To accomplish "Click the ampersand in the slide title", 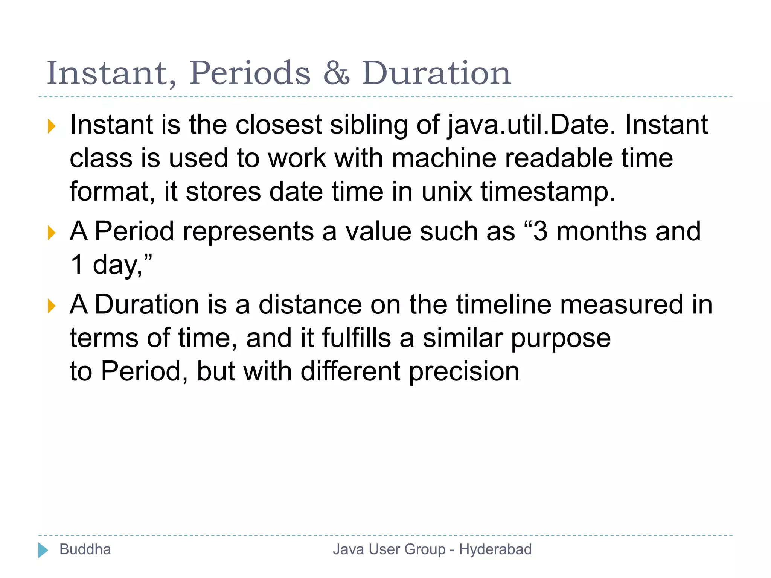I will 336,73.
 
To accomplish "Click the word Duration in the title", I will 436,73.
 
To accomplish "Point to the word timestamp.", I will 548,192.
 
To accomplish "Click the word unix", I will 446,192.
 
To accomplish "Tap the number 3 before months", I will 540,231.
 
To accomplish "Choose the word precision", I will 464,371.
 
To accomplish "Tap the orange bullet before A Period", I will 52,233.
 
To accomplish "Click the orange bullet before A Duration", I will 52,306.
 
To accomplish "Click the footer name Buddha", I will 85,549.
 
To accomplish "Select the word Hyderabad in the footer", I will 495,549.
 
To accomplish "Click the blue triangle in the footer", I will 43,550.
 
